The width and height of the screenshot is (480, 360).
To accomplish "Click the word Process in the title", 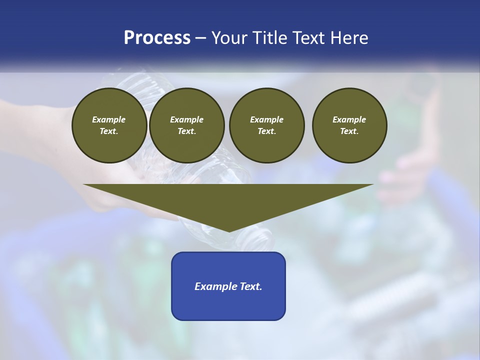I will (x=157, y=38).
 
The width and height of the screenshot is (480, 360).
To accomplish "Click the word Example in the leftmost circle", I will (x=109, y=119).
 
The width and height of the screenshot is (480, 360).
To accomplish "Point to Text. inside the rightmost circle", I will (x=349, y=131).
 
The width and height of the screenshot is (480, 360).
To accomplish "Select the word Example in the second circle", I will (x=187, y=119).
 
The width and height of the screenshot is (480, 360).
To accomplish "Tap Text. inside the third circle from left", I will (x=266, y=131).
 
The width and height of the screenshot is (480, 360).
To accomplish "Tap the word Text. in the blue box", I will (x=251, y=286).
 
